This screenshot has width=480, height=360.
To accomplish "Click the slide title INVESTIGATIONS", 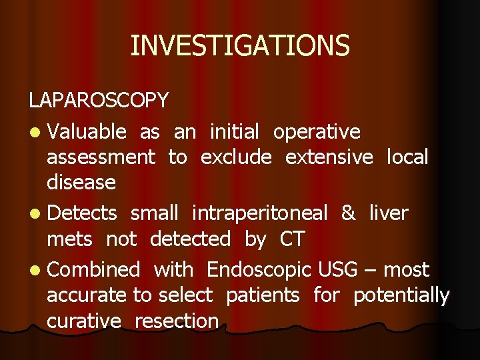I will click(239, 46).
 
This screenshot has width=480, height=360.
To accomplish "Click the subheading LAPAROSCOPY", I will click(98, 101).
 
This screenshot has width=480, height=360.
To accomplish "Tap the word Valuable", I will click(87, 132).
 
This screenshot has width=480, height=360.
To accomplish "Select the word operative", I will click(317, 132).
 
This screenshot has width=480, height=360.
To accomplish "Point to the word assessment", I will click(101, 157).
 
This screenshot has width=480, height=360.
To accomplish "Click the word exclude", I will click(236, 157).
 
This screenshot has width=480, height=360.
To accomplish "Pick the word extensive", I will click(329, 157).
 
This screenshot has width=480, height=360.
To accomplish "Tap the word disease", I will click(81, 182).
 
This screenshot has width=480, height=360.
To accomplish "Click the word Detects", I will click(83, 213).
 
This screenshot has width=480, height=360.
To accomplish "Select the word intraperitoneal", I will click(259, 213).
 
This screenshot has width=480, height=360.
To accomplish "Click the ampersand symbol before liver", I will click(348, 213).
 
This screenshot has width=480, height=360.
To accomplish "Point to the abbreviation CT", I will click(292, 239).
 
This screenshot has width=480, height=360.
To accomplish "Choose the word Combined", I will click(93, 270).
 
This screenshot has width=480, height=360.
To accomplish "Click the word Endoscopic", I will click(259, 270).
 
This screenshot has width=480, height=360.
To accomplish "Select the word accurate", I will click(87, 295).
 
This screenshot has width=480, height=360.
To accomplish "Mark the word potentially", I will click(401, 295).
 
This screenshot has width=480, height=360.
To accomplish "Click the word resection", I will click(177, 321).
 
